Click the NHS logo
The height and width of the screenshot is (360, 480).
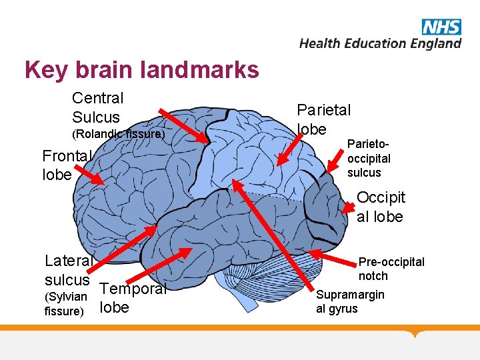point(441,27)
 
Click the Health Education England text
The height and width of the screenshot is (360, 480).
point(380,43)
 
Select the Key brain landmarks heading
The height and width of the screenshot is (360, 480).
point(141,69)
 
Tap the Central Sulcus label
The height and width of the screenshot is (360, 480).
point(97,108)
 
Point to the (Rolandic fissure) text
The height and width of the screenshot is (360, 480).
point(117,134)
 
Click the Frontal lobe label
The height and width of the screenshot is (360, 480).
point(65,165)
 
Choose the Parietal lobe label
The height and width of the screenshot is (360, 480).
point(323,119)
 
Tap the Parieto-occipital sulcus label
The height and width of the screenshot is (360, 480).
point(369,159)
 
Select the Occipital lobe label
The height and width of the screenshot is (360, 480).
point(380,207)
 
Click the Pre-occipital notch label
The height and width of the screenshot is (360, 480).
point(391,269)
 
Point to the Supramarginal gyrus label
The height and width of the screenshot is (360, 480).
point(349,301)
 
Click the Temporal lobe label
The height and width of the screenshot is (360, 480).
point(132,298)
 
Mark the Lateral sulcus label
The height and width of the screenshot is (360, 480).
point(68,269)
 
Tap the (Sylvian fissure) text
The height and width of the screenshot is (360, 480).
point(65,304)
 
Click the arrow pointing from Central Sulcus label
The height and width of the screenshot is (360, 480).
point(184,125)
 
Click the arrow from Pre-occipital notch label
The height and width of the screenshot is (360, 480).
point(333,259)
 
